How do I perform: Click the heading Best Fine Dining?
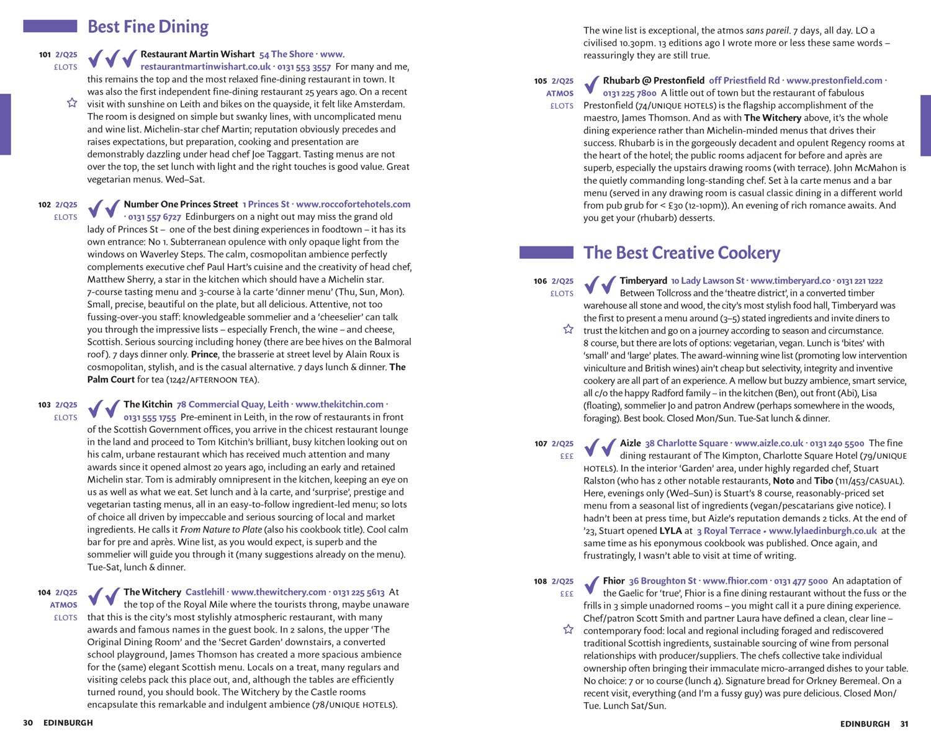[148, 27]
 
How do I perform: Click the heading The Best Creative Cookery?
[681, 253]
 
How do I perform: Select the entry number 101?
[45, 55]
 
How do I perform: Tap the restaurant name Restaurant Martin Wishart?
[197, 54]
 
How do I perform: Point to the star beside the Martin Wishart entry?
[72, 102]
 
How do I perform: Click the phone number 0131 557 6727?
[155, 217]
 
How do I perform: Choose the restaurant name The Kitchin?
[148, 404]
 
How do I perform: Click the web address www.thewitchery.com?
[278, 592]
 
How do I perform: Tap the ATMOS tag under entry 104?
[64, 605]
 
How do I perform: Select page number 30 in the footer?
[28, 723]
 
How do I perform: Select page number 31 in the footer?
[904, 724]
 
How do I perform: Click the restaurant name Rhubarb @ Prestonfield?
[654, 81]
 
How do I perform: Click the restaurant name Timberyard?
[643, 281]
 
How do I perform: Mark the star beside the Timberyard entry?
[568, 329]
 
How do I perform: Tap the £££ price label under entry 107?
[567, 456]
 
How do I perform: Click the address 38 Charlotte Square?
[686, 443]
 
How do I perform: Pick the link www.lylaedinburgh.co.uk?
[822, 531]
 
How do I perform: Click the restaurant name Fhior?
[613, 581]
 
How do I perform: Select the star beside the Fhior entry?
[568, 630]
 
